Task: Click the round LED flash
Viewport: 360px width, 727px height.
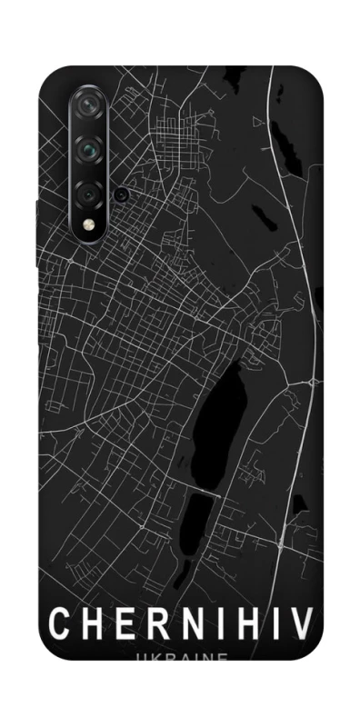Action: point(89,224)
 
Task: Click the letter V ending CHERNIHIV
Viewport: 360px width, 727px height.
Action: point(303,624)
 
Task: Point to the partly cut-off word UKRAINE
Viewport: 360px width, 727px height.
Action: point(179,658)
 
